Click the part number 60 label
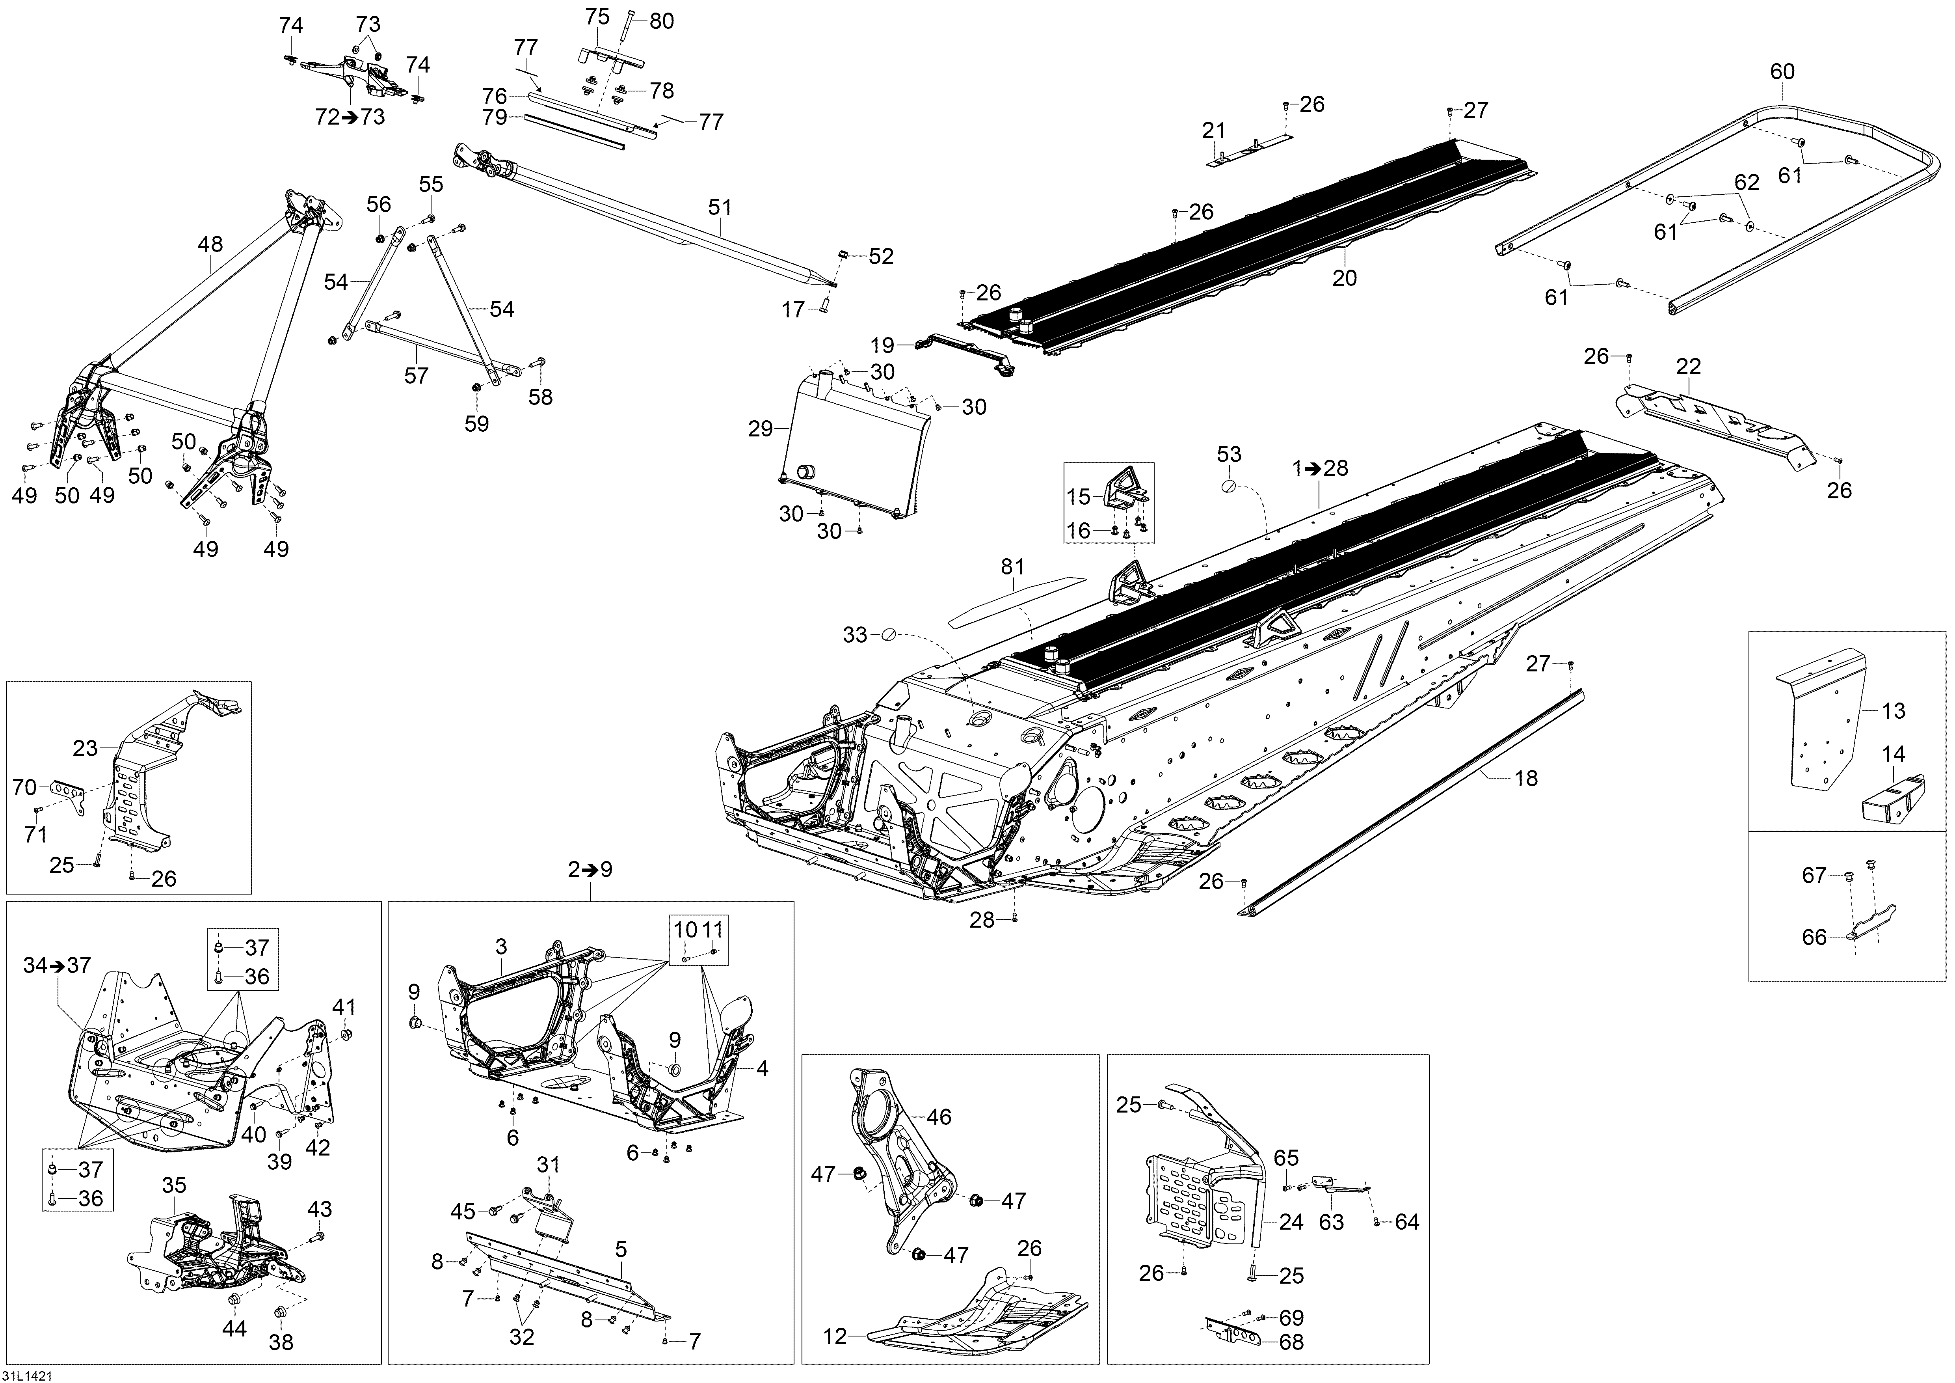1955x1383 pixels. (1782, 73)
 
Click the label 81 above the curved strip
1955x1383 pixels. (1013, 566)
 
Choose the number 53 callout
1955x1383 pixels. (1229, 454)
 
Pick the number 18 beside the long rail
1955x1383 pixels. (1525, 777)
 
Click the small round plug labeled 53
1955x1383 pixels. (1229, 486)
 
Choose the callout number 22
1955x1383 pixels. (1688, 366)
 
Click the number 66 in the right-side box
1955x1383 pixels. (1814, 937)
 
